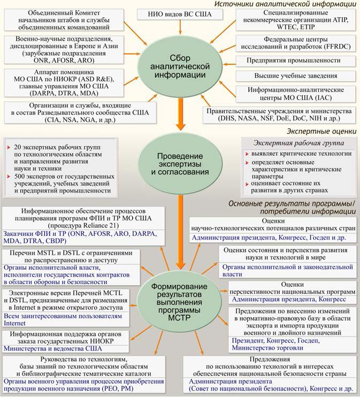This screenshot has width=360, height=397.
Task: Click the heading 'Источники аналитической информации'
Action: pyautogui.click(x=286, y=4)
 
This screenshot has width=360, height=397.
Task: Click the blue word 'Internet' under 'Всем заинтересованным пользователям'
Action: pyautogui.click(x=14, y=323)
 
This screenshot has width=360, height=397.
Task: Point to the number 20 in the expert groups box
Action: pyautogui.click(x=18, y=146)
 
